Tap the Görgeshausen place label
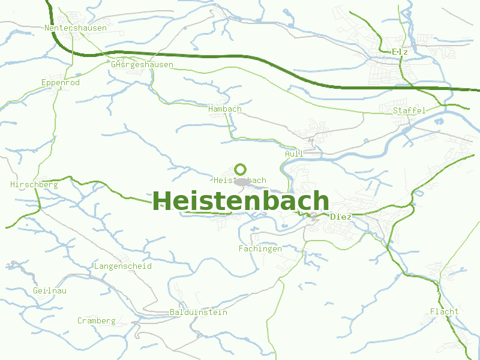coord(142,64)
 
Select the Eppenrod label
coord(60,82)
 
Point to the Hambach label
coord(224,109)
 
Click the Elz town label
coord(400,52)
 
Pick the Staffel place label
coord(409,110)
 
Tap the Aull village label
coord(294,154)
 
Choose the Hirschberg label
coord(34,184)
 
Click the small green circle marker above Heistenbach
coord(241,169)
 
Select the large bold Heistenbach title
coord(241,201)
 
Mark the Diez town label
coord(341,217)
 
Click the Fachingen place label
coord(260,248)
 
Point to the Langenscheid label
coord(122,266)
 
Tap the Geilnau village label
coord(50,290)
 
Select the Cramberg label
coord(96,320)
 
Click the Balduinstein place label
coord(198,312)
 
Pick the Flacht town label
coord(444,311)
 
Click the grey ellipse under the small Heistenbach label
coord(242,181)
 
